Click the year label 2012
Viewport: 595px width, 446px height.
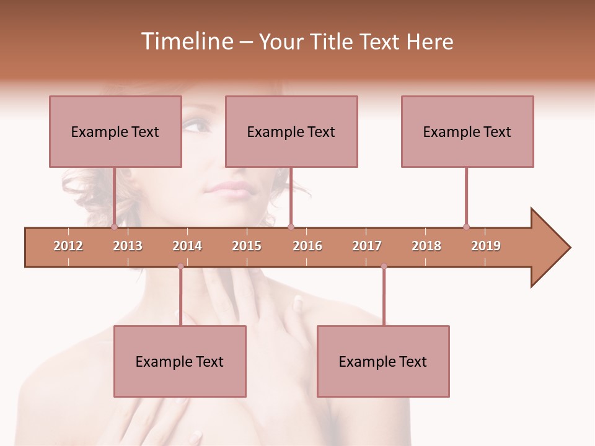click(x=68, y=246)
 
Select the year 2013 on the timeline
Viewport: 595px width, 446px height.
click(x=128, y=246)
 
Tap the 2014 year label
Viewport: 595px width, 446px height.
click(x=187, y=246)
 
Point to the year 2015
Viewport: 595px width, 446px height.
click(x=247, y=246)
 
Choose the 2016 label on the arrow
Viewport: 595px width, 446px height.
click(x=307, y=246)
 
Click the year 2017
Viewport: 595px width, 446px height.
click(x=367, y=246)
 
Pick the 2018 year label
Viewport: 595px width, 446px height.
click(x=426, y=246)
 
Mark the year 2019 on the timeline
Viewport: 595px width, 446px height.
click(x=486, y=246)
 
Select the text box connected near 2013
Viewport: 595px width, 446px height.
click(x=115, y=131)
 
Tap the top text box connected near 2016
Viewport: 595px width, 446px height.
click(x=291, y=131)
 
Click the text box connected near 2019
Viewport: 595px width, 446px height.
click(x=467, y=131)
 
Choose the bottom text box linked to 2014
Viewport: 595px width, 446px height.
click(x=180, y=361)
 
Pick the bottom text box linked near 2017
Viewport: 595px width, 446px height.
click(x=383, y=361)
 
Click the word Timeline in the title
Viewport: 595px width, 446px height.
click(x=186, y=42)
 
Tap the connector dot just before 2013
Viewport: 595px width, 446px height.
click(x=114, y=227)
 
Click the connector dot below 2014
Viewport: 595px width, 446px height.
click(x=180, y=266)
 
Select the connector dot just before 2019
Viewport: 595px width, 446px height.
click(x=466, y=227)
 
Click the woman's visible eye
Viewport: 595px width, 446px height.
click(x=197, y=127)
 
